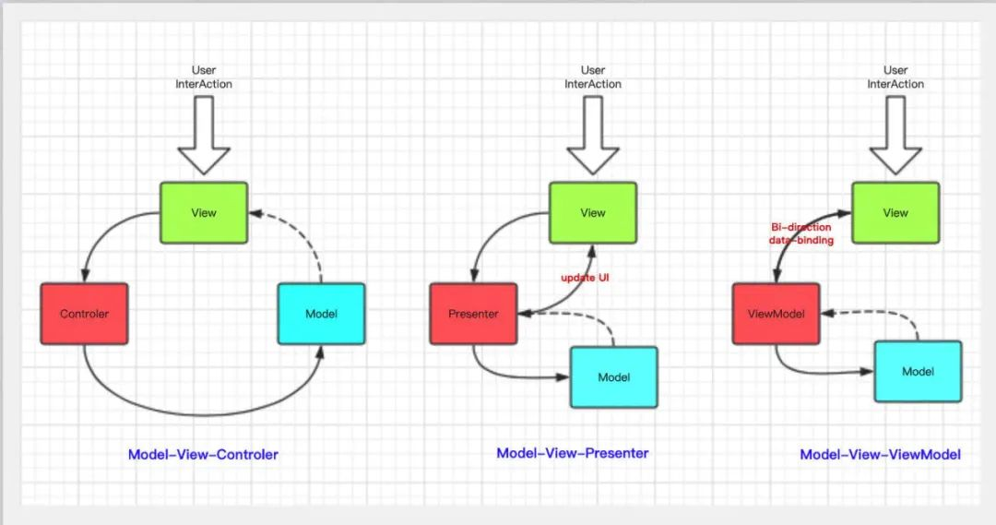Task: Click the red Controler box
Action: tap(85, 314)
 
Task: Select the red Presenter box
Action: tap(473, 314)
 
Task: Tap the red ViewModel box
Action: tap(777, 314)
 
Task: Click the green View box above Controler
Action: tap(204, 213)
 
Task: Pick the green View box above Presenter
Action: tap(593, 213)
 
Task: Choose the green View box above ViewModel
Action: tap(895, 213)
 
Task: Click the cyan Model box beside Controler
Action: tap(322, 314)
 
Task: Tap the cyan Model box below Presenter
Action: tap(613, 376)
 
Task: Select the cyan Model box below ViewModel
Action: tap(918, 372)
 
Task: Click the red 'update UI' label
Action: tap(585, 278)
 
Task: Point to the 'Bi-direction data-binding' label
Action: tap(801, 234)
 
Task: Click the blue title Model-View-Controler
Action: tap(203, 455)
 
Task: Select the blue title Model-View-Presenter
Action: tap(573, 453)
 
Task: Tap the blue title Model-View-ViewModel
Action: tap(880, 455)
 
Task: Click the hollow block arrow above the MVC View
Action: tap(204, 136)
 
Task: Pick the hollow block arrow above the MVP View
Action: tap(593, 136)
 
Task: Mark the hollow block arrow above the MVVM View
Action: tap(895, 136)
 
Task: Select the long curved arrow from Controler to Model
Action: tap(203, 415)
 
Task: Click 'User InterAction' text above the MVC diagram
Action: tap(204, 77)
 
